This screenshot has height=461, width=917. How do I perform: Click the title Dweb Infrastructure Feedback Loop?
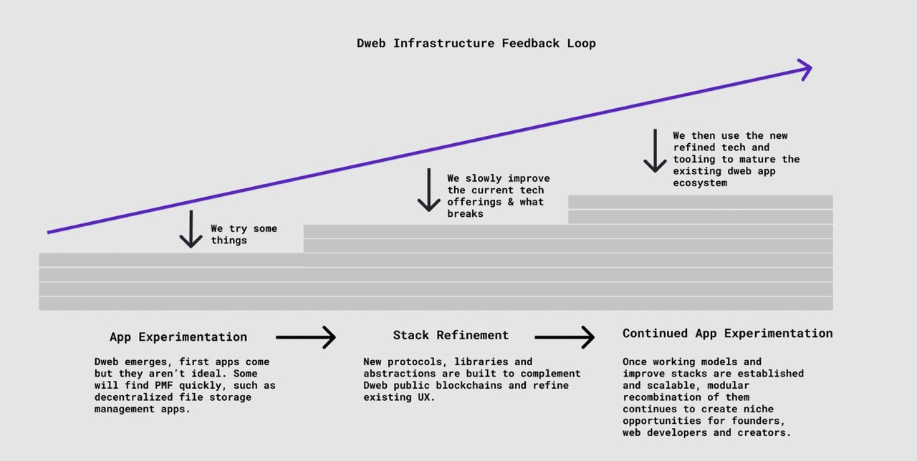pyautogui.click(x=476, y=43)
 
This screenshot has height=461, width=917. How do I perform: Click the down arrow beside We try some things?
pyautogui.click(x=191, y=229)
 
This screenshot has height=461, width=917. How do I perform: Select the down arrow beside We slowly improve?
pyautogui.click(x=428, y=190)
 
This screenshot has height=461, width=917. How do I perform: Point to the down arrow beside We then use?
pyautogui.click(x=655, y=151)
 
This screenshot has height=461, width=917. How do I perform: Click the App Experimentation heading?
pyautogui.click(x=178, y=337)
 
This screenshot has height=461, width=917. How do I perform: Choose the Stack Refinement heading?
pyautogui.click(x=451, y=335)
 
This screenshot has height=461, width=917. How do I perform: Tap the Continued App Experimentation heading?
pyautogui.click(x=727, y=333)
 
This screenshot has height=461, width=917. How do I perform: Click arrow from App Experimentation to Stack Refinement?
pyautogui.click(x=306, y=336)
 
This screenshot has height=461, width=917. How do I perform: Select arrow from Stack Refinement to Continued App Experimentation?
pyautogui.click(x=565, y=336)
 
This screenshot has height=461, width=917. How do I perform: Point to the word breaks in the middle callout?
pyautogui.click(x=465, y=213)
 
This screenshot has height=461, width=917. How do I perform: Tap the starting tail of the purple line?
pyautogui.click(x=49, y=232)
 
